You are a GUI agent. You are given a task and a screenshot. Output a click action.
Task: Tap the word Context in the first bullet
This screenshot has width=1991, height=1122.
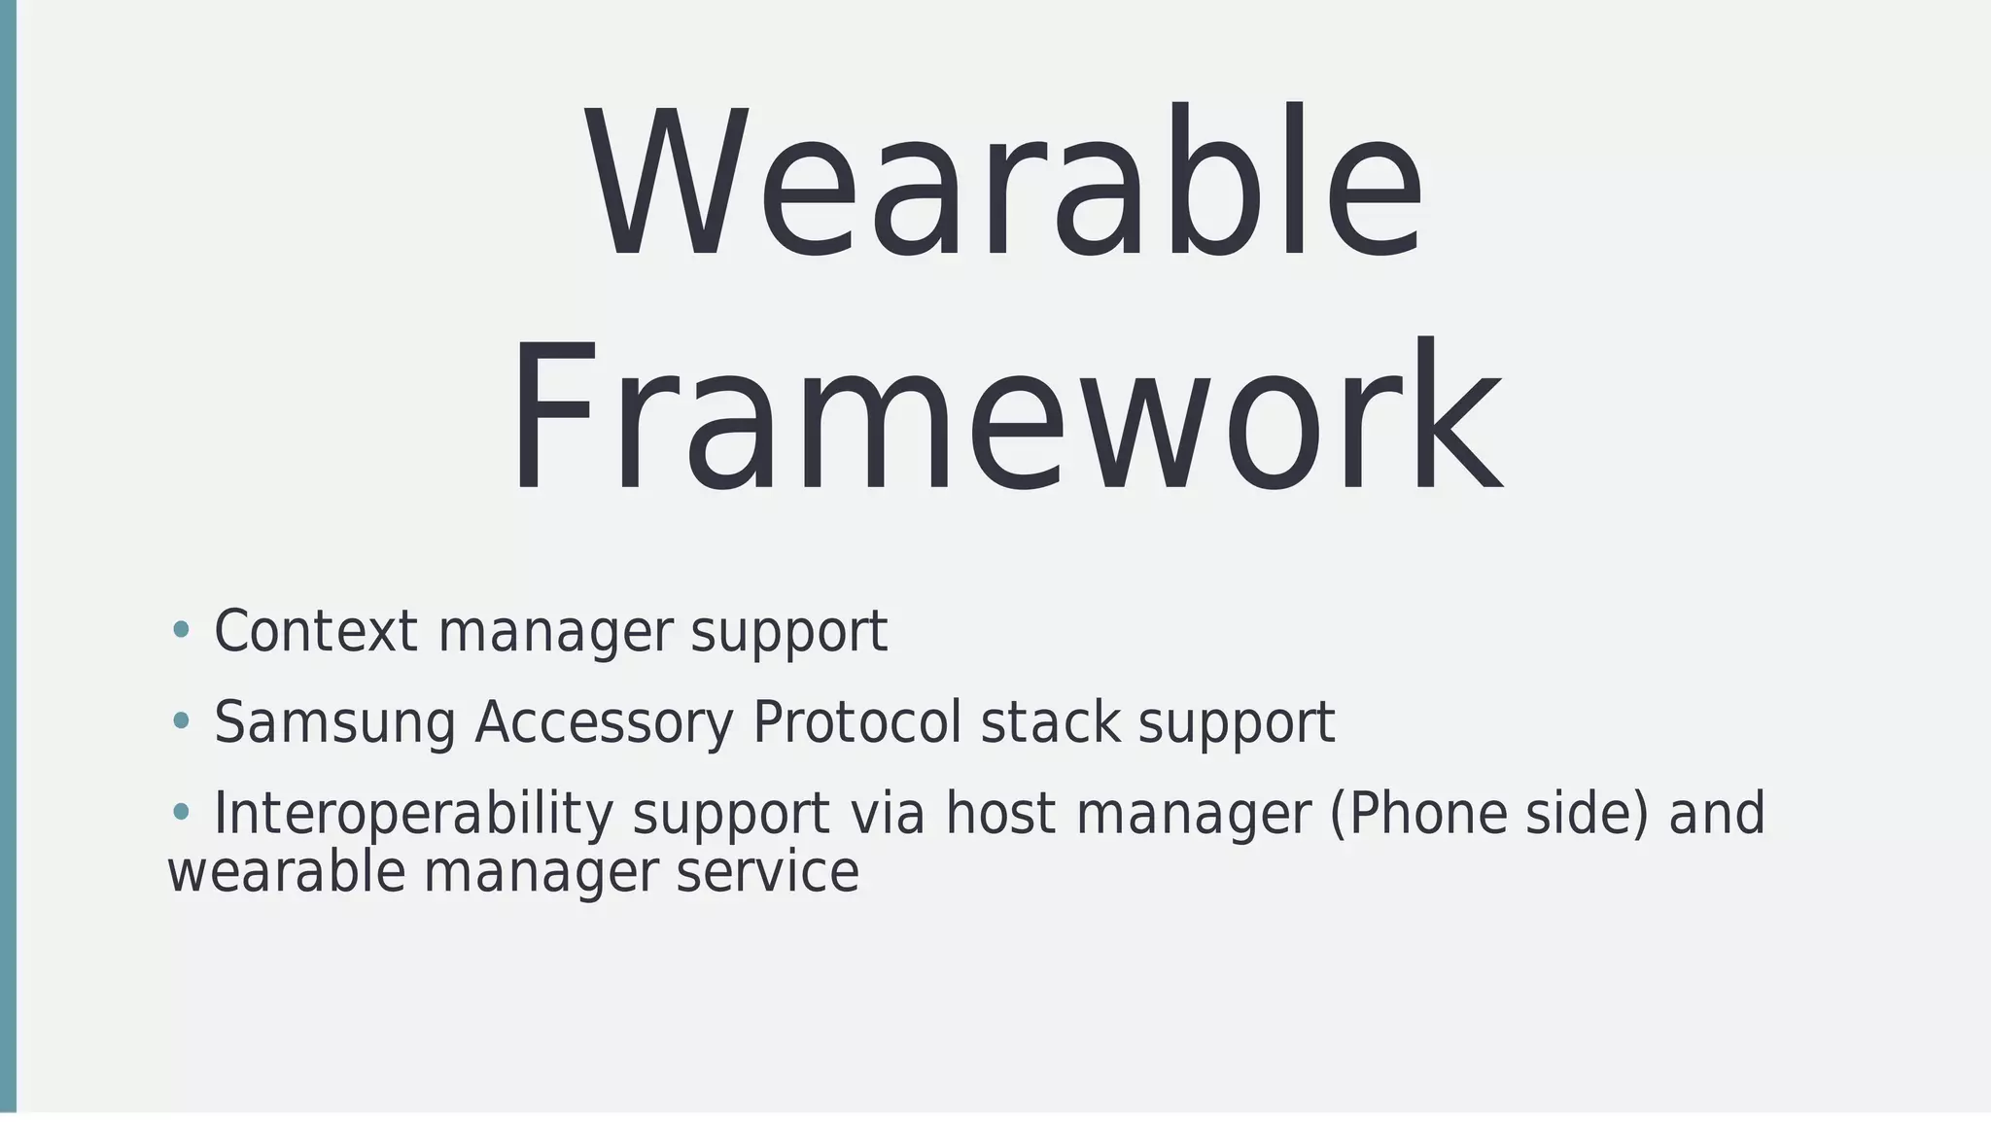[316, 631]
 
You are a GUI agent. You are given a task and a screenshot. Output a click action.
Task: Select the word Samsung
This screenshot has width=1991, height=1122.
[334, 724]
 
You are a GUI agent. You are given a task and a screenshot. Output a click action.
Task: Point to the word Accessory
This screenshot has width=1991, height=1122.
[604, 722]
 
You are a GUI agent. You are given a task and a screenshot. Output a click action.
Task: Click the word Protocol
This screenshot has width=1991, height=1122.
[856, 722]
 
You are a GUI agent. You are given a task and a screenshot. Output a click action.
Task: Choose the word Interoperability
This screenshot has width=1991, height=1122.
[413, 814]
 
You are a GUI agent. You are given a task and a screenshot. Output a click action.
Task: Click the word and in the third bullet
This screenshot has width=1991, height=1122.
[1717, 814]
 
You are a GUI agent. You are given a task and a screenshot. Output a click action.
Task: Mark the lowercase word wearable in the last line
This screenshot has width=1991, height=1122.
[286, 872]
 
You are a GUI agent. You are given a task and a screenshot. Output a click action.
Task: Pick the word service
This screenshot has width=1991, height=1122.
[767, 872]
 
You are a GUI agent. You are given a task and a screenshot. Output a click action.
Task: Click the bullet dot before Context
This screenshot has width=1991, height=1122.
[180, 629]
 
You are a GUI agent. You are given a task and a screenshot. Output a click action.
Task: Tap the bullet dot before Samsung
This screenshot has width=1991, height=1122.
[180, 720]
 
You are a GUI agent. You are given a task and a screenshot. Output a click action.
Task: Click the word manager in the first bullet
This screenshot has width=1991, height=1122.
[555, 633]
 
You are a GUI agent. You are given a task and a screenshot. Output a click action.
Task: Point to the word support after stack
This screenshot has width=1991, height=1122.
[1237, 724]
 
